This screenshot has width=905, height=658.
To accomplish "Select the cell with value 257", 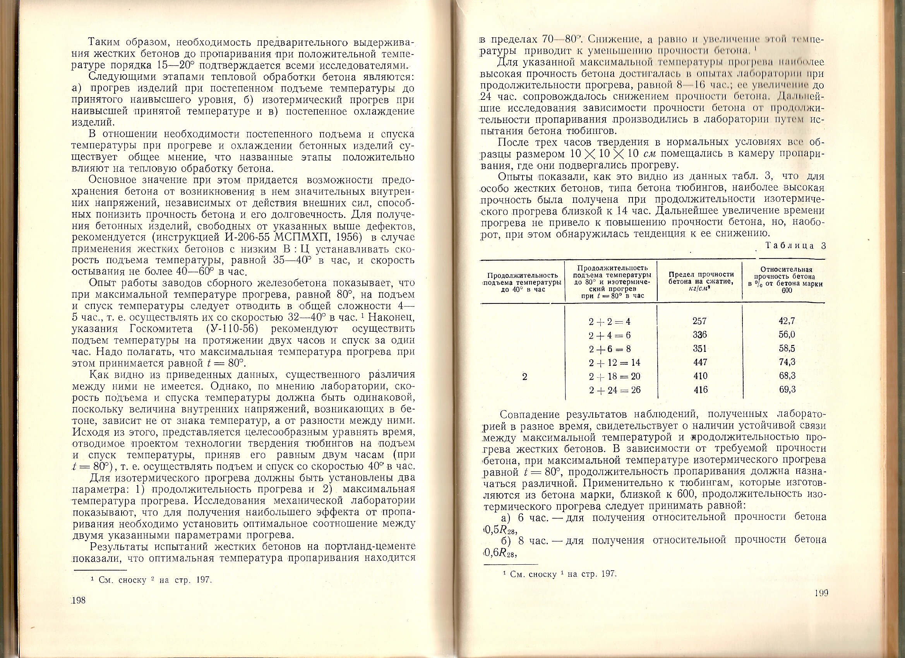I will point(700,321).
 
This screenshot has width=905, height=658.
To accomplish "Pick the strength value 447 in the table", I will point(700,362).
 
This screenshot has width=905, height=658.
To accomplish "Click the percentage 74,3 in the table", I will point(787,362).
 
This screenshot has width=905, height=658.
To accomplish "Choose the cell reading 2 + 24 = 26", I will point(615,389).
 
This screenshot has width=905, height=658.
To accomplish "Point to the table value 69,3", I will point(787,389).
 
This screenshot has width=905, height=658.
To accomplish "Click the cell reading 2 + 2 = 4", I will point(610,322).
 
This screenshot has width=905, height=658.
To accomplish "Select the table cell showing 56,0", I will point(787,334).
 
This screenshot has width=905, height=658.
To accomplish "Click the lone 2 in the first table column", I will point(524,376).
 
